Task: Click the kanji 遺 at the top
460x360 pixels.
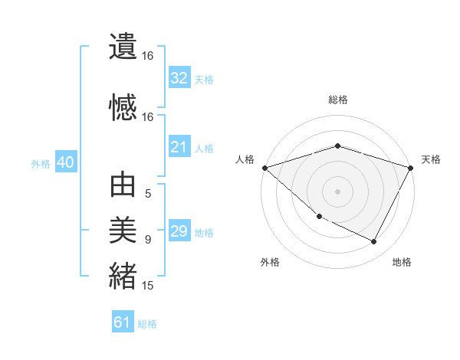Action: coord(123,47)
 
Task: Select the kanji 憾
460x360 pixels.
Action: coord(123,107)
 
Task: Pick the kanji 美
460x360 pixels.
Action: coord(123,230)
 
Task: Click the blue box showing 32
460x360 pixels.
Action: coord(179,78)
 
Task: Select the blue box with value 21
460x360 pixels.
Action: coord(179,147)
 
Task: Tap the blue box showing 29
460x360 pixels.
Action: coord(179,231)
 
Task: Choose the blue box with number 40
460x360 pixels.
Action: coord(65,162)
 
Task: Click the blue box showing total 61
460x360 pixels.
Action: coord(123,322)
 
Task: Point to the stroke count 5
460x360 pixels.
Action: coord(148,194)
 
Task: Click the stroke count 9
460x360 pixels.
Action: coord(148,240)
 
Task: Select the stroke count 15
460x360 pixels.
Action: coord(148,286)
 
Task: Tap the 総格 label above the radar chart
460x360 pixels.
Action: coord(338,100)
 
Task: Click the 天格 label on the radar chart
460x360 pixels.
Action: coord(432,159)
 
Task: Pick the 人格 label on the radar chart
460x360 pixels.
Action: coord(245,159)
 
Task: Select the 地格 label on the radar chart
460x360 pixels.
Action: coord(402,262)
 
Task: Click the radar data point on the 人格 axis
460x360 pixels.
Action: coord(264,168)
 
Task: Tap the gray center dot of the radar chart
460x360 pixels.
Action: coord(337,191)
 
